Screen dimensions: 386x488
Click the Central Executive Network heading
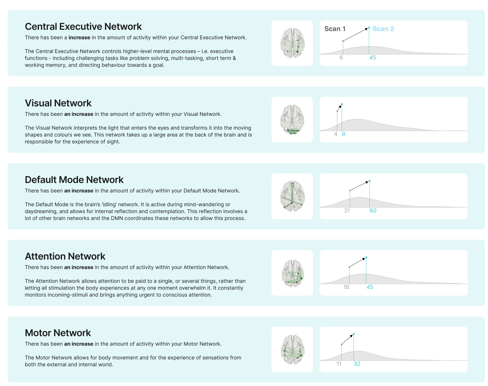(83, 27)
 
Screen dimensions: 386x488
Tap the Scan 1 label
(335, 29)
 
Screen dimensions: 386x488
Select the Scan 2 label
(383, 29)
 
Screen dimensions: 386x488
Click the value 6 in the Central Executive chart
(341, 58)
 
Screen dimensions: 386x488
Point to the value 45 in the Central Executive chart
(373, 58)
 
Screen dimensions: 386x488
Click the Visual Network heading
(58, 103)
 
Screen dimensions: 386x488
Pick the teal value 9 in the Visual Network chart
(343, 134)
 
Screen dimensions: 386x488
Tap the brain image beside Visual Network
(292, 120)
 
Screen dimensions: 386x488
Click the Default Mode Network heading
(74, 180)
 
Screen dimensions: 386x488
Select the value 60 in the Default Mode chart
(373, 211)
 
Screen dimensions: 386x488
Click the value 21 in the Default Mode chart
(347, 211)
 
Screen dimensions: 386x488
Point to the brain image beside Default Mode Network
(292, 196)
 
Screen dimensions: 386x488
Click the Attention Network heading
(65, 256)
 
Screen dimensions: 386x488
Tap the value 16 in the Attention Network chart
(346, 287)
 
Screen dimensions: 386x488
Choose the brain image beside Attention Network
(292, 273)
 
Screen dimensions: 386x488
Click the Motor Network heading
(58, 333)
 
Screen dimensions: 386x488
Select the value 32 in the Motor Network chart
(357, 364)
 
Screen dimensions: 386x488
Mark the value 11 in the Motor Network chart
(339, 364)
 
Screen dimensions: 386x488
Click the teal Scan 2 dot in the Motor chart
(354, 334)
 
